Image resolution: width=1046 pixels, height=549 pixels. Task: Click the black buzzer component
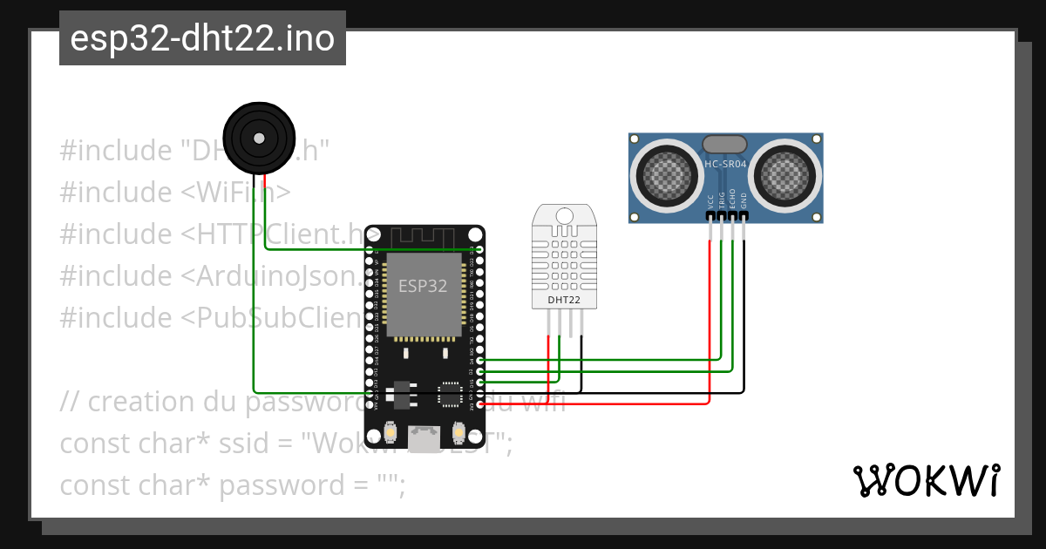(258, 137)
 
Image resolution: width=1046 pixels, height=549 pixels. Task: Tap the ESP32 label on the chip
(423, 285)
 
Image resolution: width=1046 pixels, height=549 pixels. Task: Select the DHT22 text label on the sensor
(564, 300)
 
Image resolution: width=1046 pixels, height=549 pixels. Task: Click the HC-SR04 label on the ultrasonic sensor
(725, 164)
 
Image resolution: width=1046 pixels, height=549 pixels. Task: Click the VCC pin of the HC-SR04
(711, 214)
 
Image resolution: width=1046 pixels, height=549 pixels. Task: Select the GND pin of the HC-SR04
(744, 214)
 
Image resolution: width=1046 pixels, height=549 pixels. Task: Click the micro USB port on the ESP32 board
(425, 438)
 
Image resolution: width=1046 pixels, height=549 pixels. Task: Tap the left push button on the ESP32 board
(391, 431)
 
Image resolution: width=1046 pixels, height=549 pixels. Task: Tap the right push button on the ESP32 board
(459, 431)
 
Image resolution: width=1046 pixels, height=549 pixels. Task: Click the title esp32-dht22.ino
(202, 38)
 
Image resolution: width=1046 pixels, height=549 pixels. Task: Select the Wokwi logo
(926, 480)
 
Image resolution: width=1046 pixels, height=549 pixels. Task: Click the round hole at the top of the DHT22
(564, 215)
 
